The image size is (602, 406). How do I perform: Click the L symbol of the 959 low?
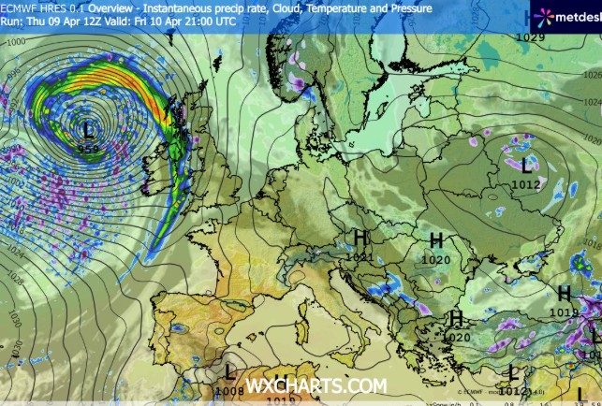click(x=89, y=128)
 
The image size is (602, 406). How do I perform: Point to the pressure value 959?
click(x=89, y=149)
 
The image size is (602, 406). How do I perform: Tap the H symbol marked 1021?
click(x=360, y=239)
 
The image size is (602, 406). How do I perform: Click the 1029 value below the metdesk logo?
click(x=530, y=37)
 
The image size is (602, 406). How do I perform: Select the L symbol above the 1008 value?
click(x=230, y=374)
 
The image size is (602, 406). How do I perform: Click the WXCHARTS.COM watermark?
click(x=316, y=385)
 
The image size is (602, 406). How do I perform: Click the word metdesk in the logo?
click(x=575, y=16)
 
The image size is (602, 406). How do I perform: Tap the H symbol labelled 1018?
click(x=565, y=294)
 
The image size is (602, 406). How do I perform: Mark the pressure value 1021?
click(x=359, y=257)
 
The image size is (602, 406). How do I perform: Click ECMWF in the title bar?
click(x=19, y=7)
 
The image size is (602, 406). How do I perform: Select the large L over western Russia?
click(x=526, y=166)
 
